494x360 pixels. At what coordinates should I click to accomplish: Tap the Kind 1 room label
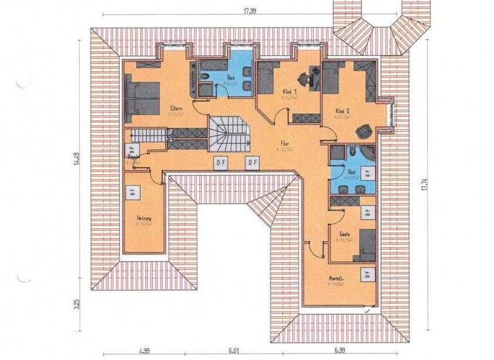(291, 93)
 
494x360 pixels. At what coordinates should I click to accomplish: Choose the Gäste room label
(345, 235)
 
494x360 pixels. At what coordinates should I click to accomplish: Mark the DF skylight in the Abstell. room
(367, 273)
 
